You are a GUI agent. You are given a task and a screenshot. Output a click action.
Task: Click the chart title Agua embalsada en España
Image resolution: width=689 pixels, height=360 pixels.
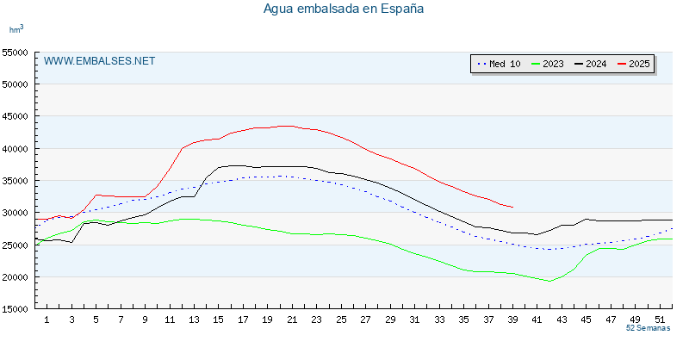pos(344,9)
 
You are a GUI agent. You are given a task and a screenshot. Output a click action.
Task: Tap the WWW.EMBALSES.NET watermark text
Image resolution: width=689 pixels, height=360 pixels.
pos(99,61)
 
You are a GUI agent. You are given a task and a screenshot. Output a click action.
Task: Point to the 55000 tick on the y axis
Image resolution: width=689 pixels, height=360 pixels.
pos(18,53)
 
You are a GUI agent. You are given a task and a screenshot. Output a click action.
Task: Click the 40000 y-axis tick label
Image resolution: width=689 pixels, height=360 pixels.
pos(18,149)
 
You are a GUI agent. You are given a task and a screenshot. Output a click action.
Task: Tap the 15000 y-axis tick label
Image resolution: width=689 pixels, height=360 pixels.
pos(18,309)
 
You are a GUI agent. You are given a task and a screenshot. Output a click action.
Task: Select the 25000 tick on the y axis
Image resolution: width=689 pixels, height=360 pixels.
pos(18,245)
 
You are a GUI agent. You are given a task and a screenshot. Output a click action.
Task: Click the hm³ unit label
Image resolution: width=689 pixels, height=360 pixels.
pos(16,29)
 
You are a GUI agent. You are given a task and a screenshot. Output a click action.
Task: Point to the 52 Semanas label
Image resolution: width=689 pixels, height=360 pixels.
pos(648,329)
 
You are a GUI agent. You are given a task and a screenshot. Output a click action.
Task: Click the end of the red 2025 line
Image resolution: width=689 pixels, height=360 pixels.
pos(512,207)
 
